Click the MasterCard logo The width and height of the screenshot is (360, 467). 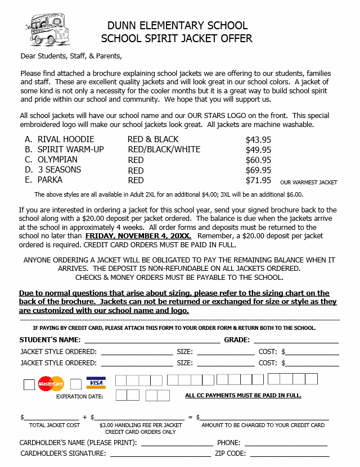pyautogui.click(x=51, y=384)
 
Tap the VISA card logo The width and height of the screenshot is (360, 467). pyautogui.click(x=96, y=383)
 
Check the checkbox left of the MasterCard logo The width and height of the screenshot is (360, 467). pyautogui.click(x=29, y=384)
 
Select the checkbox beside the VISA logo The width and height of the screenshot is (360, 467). pyautogui.click(x=76, y=384)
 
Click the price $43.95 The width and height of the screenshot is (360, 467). pyautogui.click(x=258, y=139)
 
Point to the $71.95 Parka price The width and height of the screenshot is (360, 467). pyautogui.click(x=258, y=180)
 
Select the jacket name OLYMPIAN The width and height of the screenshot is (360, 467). pyautogui.click(x=57, y=160)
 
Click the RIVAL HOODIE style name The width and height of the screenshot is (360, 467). pyautogui.click(x=66, y=139)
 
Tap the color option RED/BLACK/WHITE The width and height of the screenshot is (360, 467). pyautogui.click(x=164, y=149)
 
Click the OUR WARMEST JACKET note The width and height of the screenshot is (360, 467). pyautogui.click(x=308, y=183)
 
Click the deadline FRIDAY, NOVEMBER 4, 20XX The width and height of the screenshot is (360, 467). pyautogui.click(x=138, y=237)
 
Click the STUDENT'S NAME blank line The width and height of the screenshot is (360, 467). pyautogui.click(x=152, y=341)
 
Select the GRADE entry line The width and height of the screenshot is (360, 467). pyautogui.click(x=296, y=341)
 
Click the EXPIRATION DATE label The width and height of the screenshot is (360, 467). pyautogui.click(x=80, y=397)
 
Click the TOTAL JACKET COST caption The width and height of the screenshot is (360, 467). pyautogui.click(x=55, y=425)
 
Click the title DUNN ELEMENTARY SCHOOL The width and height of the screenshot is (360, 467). pyautogui.click(x=177, y=26)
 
